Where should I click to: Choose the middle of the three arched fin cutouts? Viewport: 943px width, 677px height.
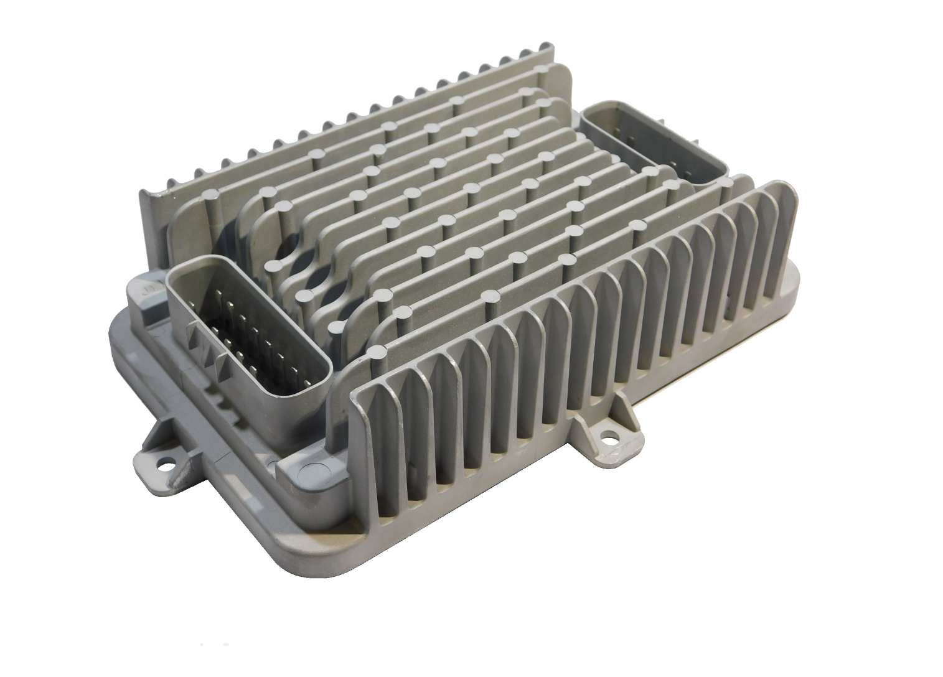point(324,274)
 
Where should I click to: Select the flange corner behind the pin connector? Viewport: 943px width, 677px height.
point(134,286)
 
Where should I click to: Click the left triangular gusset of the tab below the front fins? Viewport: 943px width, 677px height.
point(582,429)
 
